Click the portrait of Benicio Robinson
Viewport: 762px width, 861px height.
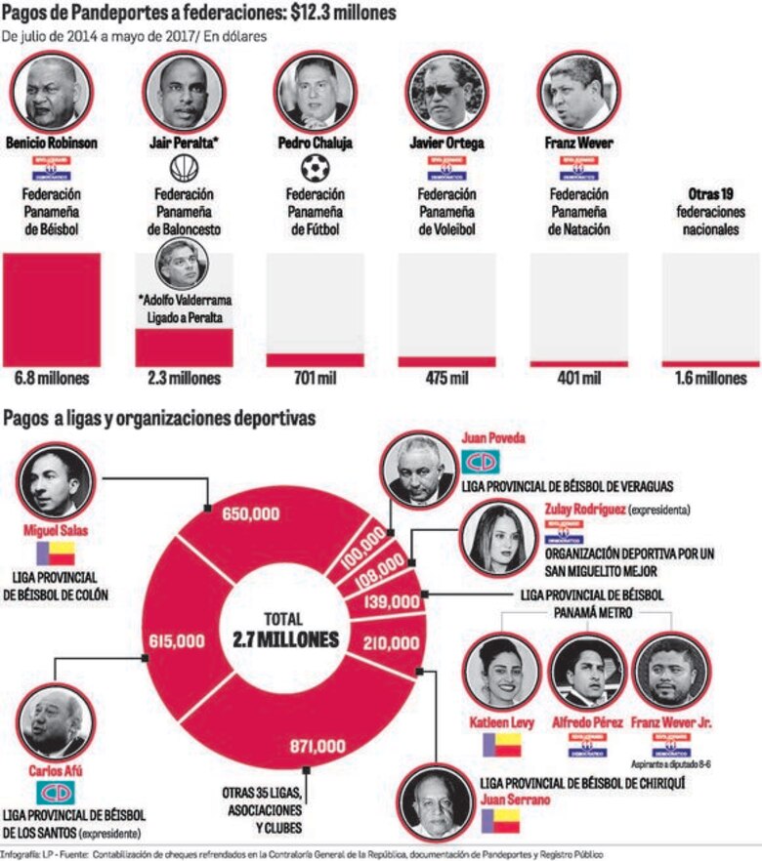[52, 94]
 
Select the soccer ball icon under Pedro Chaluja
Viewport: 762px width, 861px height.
[317, 169]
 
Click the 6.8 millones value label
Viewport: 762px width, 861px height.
[52, 378]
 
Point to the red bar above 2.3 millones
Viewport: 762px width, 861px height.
[184, 347]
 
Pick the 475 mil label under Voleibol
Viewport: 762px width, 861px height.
[448, 378]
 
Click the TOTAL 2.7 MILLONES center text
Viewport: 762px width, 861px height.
[285, 631]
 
